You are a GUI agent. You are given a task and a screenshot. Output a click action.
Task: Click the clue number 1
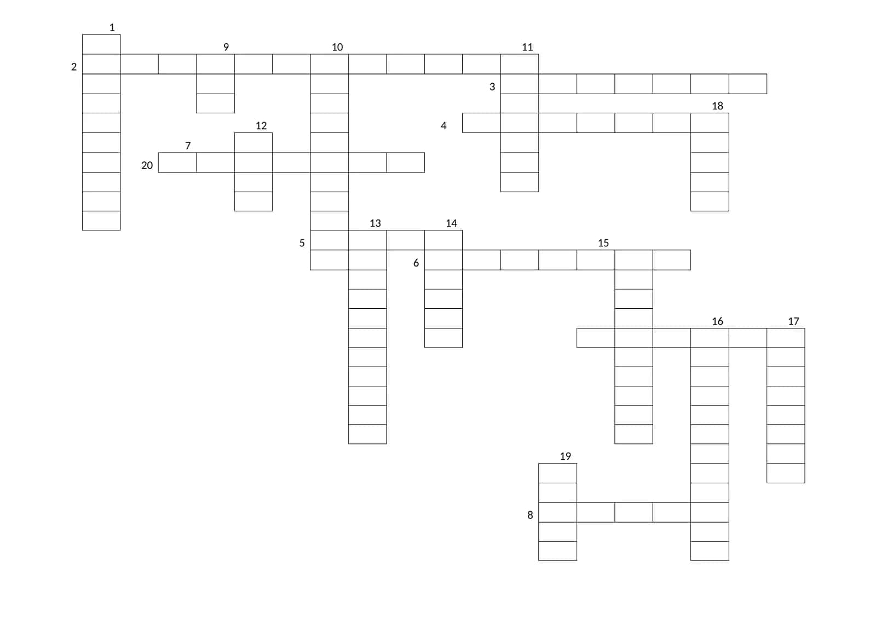pos(112,27)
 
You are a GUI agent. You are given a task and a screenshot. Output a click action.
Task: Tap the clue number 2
pos(74,67)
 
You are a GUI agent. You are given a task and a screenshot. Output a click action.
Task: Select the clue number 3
pos(492,86)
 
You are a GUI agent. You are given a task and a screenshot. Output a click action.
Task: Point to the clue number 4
pos(443,125)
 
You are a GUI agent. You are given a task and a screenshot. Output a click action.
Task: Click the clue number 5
pos(302,243)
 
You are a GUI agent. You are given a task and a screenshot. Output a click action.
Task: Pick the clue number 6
pos(416,263)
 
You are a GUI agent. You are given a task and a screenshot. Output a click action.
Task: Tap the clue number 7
pos(188,146)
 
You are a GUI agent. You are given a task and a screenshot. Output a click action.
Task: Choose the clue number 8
pos(531,515)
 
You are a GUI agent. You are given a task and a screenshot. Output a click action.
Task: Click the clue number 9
pos(226,47)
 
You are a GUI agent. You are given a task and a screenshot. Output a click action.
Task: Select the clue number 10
pos(337,47)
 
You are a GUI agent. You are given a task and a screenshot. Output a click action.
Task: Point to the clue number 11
pos(527,47)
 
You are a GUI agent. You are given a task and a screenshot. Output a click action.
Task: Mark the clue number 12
pos(261,125)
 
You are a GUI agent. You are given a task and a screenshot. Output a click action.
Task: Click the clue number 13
pos(376,223)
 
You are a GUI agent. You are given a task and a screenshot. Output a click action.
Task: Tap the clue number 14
pos(451,223)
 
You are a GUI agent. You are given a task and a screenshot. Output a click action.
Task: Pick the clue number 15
pos(603,243)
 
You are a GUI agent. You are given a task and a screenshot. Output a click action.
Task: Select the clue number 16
pos(718,321)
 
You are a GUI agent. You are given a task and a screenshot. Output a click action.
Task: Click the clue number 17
pos(793,321)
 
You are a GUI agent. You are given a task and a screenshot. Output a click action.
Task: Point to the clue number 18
pos(718,106)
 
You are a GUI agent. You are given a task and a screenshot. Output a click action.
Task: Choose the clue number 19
pos(566,456)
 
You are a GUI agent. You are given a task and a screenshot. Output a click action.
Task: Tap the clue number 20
pos(147,165)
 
